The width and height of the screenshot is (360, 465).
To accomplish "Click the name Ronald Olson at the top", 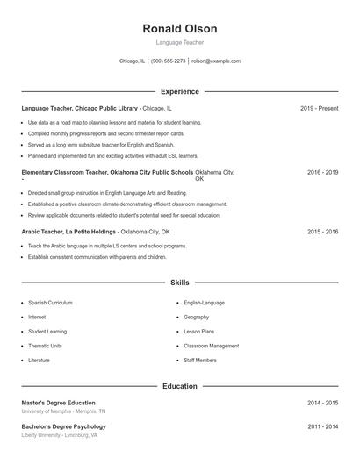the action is [x=179, y=29].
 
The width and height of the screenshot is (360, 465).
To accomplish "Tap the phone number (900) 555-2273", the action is [x=168, y=61].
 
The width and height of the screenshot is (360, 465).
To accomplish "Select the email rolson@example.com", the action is [x=215, y=61].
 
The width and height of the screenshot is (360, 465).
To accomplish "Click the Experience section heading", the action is [x=179, y=91].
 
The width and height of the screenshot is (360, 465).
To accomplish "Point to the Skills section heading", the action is [x=179, y=283].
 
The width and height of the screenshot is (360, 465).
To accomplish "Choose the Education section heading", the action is [x=179, y=386].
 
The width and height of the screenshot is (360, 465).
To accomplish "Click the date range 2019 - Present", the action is [x=319, y=108].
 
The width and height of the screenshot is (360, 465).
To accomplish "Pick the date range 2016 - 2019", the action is [x=322, y=173].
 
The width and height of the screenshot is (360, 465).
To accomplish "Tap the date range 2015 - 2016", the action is [x=322, y=232].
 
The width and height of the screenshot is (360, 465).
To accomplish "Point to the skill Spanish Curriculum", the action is [x=50, y=302].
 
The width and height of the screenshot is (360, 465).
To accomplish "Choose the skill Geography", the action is [x=197, y=317].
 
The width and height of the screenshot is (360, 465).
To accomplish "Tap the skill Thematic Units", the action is [x=45, y=346].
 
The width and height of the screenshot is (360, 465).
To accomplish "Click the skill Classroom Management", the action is [x=211, y=346].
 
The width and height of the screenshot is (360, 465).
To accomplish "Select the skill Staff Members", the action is [x=200, y=361].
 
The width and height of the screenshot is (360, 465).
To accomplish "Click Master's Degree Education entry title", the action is [x=58, y=403].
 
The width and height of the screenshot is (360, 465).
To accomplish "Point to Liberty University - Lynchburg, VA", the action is [x=59, y=435].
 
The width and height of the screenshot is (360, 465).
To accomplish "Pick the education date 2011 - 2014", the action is [x=322, y=426].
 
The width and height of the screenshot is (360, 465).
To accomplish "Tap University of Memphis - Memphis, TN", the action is [x=63, y=411].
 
